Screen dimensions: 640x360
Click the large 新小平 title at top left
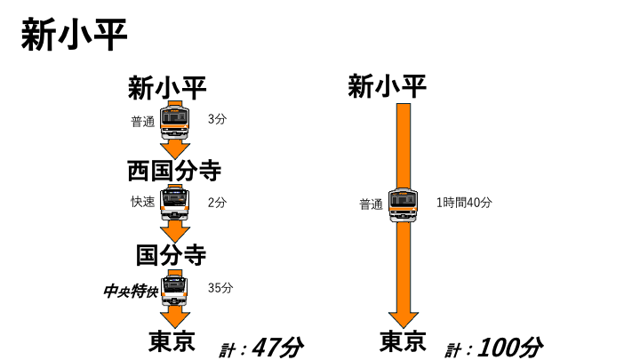(x=74, y=35)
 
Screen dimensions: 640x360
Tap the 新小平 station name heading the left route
(x=167, y=88)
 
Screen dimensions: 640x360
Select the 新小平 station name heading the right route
(x=387, y=86)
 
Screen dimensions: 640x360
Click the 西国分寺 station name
(x=174, y=171)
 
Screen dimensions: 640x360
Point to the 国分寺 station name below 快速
(x=171, y=255)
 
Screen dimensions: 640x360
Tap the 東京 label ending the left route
(x=172, y=341)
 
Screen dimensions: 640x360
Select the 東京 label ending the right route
(x=403, y=341)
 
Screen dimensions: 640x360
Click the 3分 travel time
(x=217, y=119)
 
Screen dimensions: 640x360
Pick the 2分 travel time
(x=217, y=202)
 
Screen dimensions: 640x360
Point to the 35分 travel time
(x=220, y=288)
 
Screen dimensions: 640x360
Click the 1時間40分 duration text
(x=464, y=202)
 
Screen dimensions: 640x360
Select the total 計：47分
(x=261, y=348)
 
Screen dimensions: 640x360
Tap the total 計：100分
(x=494, y=348)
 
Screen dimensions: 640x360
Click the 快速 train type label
(x=143, y=202)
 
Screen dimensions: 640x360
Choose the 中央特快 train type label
(x=131, y=291)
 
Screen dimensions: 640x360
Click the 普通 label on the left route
(x=143, y=122)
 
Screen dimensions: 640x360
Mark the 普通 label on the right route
(x=371, y=204)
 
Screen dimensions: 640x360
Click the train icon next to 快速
(x=175, y=203)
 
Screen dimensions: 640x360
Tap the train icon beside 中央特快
(x=175, y=288)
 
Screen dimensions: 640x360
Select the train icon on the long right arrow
(x=404, y=205)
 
